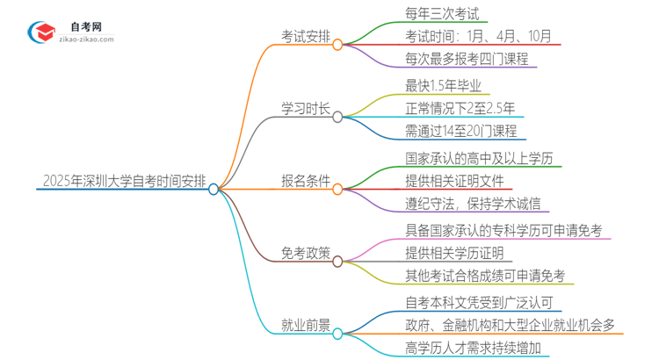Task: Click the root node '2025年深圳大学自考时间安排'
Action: tap(124, 182)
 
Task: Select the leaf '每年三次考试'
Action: tap(442, 13)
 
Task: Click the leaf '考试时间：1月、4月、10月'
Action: tap(479, 36)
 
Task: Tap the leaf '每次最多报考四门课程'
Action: tap(467, 60)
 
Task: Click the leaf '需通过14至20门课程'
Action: tap(460, 132)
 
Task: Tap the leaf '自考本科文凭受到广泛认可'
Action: tap(479, 304)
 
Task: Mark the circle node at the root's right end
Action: tap(214, 189)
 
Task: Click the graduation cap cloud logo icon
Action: tap(40, 32)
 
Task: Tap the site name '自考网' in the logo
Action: tap(85, 26)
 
